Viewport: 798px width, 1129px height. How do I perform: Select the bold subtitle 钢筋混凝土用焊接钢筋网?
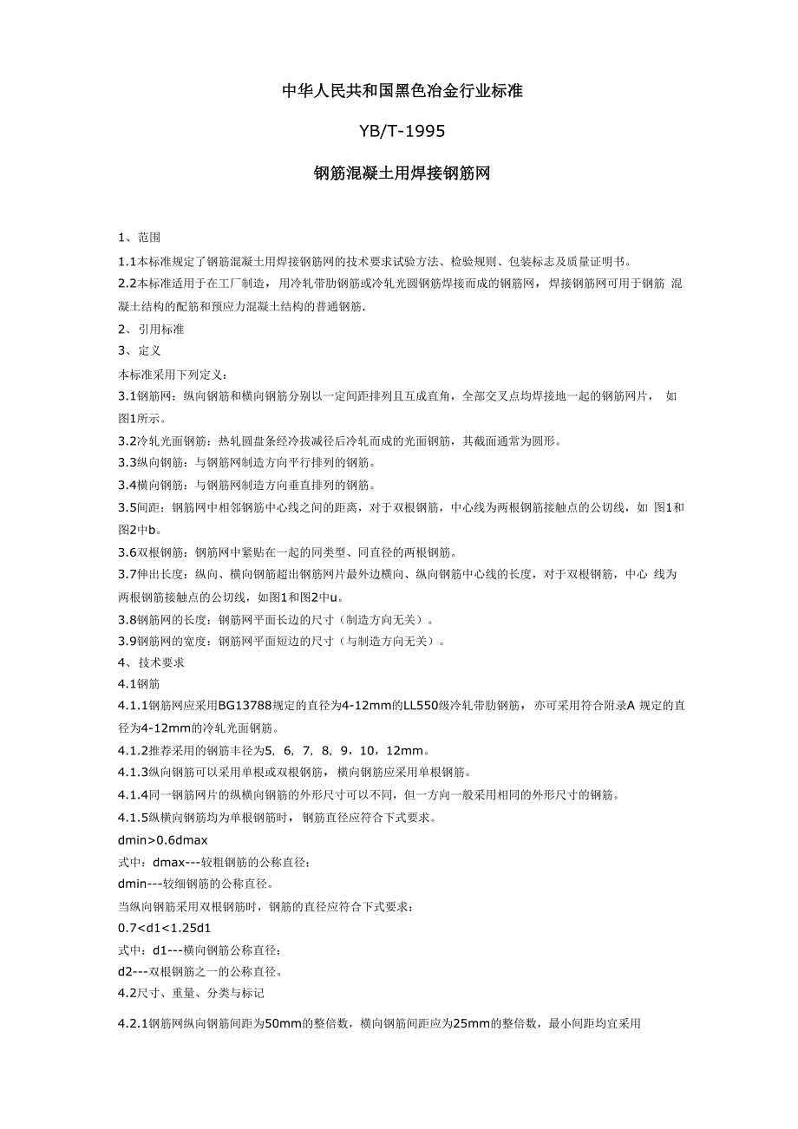point(402,173)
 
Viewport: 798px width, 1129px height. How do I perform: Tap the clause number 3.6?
point(127,551)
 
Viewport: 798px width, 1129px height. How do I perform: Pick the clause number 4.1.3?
point(133,773)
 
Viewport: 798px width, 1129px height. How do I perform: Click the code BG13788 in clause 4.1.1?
point(248,707)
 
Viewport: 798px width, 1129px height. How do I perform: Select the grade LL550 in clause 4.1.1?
point(422,707)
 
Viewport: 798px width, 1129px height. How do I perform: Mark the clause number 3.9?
point(127,642)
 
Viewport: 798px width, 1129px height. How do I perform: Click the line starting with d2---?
point(199,971)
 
